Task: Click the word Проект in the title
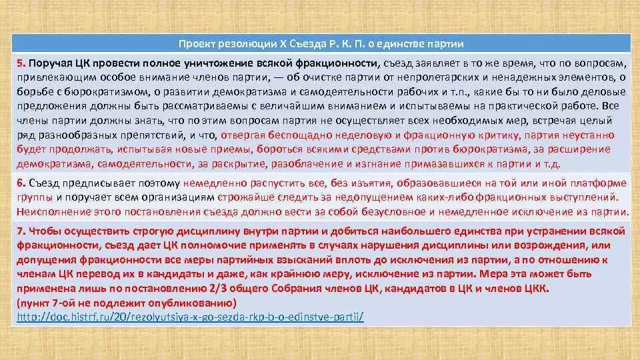point(197,43)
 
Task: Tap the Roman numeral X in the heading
point(282,43)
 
